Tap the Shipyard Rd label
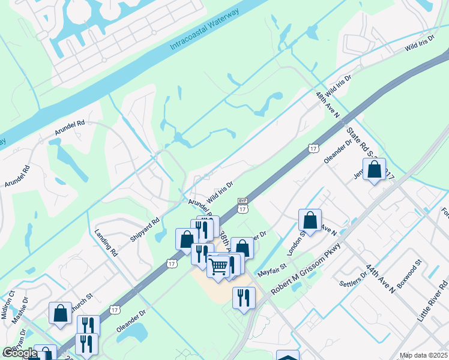145,229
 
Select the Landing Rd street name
106,242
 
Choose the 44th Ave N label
383,280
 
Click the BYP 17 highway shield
243,205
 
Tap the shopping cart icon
218,265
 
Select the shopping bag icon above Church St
61,313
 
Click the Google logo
19,353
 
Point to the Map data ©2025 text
423,356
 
